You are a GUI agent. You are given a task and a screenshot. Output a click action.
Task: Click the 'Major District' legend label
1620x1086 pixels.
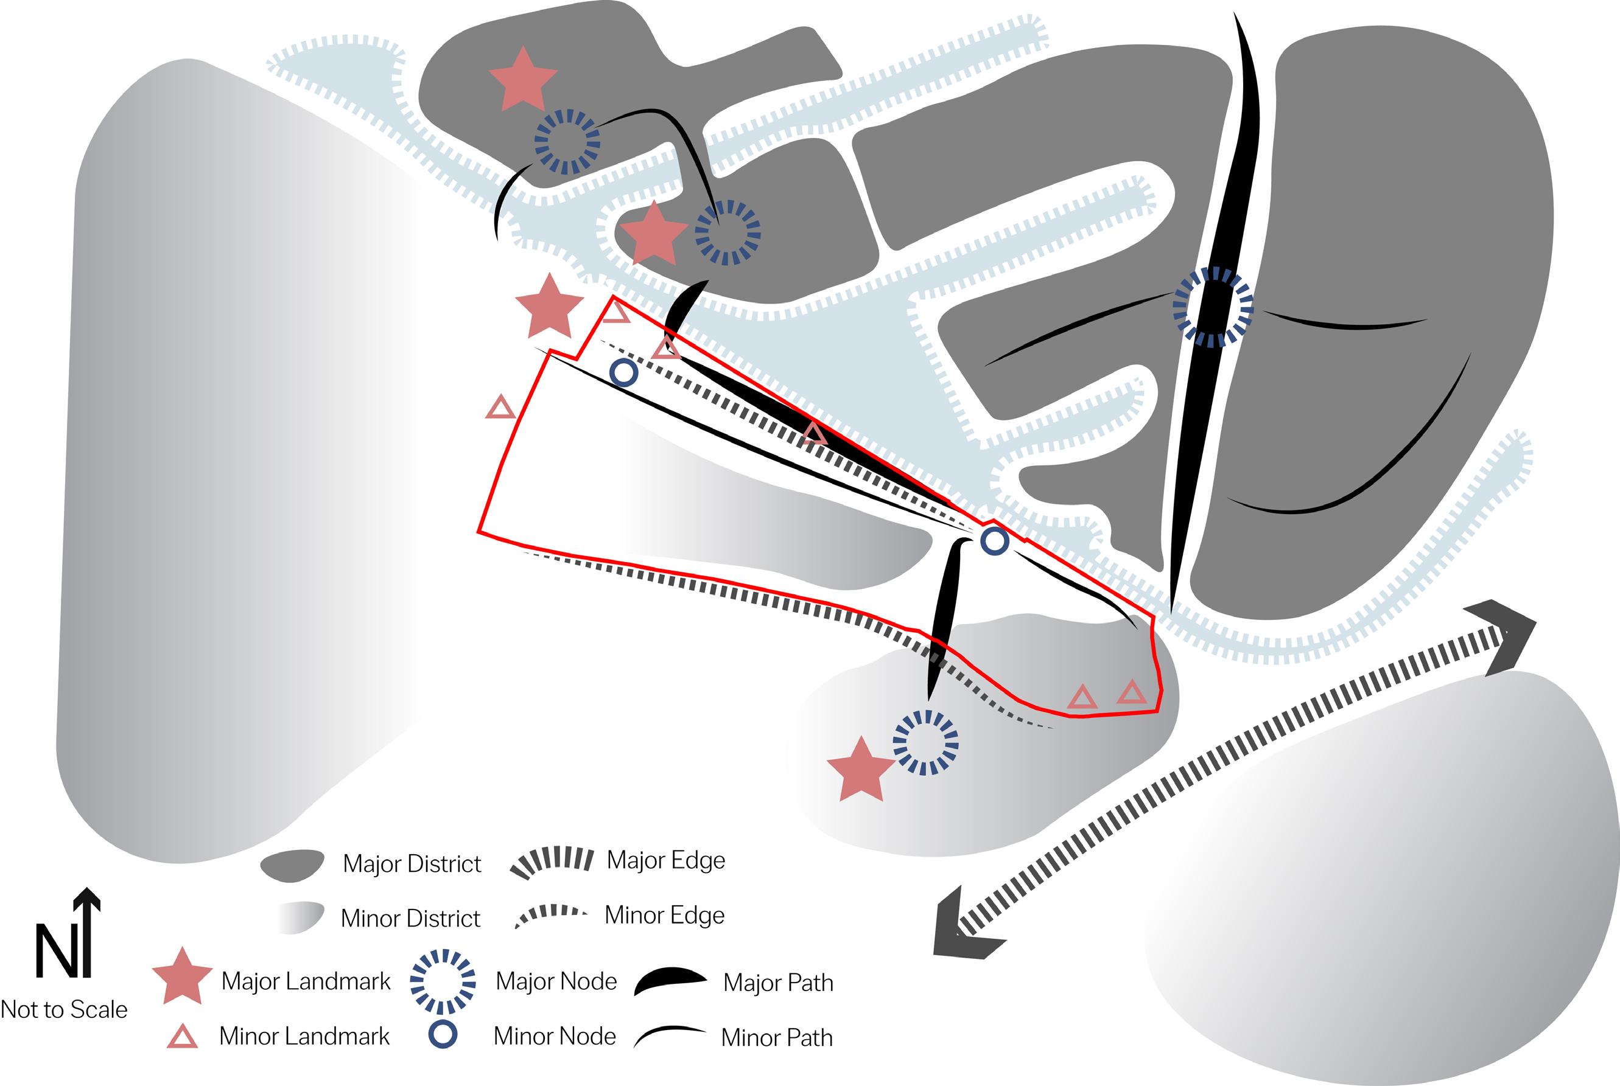412,864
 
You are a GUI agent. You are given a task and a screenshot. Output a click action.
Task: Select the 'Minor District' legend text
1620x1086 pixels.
410,919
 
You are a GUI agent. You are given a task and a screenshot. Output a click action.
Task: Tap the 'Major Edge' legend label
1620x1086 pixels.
666,860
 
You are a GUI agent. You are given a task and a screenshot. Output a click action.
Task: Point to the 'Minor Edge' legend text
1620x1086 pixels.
664,915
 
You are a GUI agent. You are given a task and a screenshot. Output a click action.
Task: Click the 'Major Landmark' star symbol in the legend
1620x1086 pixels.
181,977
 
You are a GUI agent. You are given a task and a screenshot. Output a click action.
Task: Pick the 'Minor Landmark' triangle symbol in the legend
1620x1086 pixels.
182,1037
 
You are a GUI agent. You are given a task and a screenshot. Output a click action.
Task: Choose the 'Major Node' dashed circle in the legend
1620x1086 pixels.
443,981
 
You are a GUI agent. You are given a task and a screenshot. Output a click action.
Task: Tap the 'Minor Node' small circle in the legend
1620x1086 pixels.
443,1036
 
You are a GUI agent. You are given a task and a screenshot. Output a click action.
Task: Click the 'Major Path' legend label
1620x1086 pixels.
777,983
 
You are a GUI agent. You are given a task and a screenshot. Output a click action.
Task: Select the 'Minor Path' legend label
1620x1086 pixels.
776,1037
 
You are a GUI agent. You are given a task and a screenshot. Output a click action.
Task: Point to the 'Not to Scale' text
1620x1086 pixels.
64,1010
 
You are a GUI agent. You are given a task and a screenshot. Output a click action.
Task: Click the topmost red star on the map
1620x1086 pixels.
523,80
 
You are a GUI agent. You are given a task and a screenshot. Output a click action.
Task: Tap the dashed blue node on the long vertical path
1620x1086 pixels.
1213,306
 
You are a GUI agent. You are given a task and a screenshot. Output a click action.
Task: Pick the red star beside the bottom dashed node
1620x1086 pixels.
861,770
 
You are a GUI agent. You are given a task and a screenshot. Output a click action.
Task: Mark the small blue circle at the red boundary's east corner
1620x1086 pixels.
995,541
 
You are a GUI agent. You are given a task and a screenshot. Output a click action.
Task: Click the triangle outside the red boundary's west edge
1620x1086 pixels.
500,408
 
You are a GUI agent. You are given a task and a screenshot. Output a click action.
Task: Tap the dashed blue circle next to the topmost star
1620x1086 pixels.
567,142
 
